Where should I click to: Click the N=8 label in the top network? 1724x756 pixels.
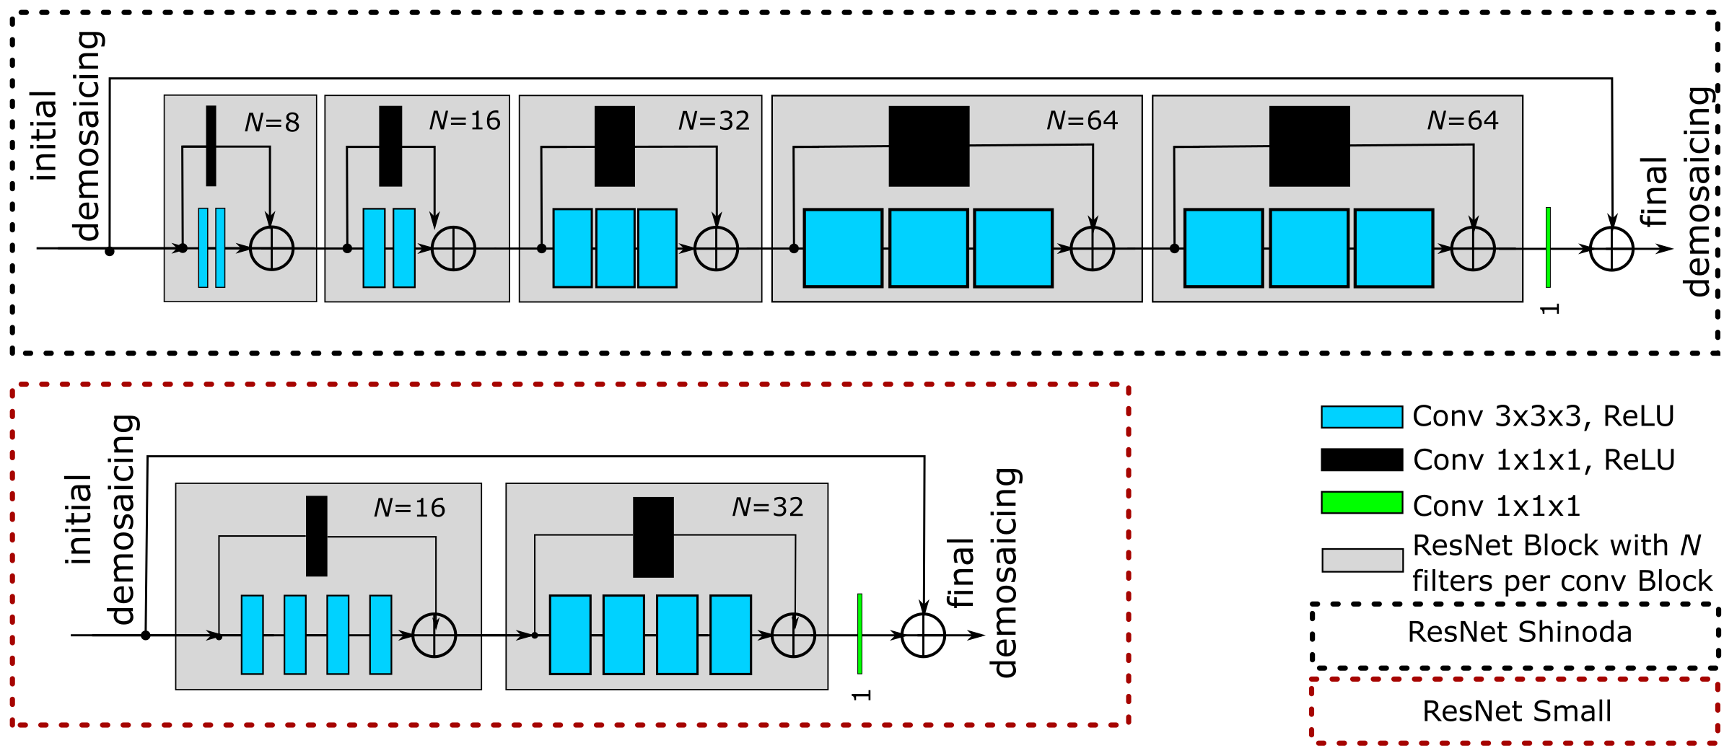[x=272, y=123]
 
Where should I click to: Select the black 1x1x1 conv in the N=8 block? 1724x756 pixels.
[x=211, y=146]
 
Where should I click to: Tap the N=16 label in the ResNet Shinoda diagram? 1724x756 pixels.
[x=465, y=120]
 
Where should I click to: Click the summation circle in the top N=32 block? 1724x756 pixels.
[x=716, y=249]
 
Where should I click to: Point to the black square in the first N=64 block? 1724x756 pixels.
[x=929, y=146]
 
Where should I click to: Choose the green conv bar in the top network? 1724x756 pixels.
[x=1548, y=247]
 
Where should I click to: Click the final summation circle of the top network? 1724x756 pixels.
[x=1611, y=249]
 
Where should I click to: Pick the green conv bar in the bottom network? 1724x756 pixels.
[x=859, y=634]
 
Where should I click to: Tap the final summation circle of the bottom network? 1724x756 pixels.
[x=923, y=636]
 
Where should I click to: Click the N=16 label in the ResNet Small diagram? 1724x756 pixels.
[x=409, y=508]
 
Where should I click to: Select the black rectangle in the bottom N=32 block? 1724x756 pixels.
[x=653, y=537]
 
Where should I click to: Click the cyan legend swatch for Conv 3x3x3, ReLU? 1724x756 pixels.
[x=1362, y=417]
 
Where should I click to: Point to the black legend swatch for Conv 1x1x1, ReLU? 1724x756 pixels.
[x=1362, y=460]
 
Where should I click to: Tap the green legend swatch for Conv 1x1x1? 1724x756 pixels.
[x=1362, y=503]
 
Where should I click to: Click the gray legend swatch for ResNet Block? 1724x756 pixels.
[x=1362, y=561]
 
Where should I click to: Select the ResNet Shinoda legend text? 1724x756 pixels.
[x=1519, y=632]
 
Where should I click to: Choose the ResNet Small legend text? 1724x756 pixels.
[x=1517, y=711]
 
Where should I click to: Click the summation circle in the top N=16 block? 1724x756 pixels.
[x=453, y=249]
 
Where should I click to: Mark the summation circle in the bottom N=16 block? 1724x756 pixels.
[x=434, y=636]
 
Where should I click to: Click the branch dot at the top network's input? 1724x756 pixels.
[x=110, y=251]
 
